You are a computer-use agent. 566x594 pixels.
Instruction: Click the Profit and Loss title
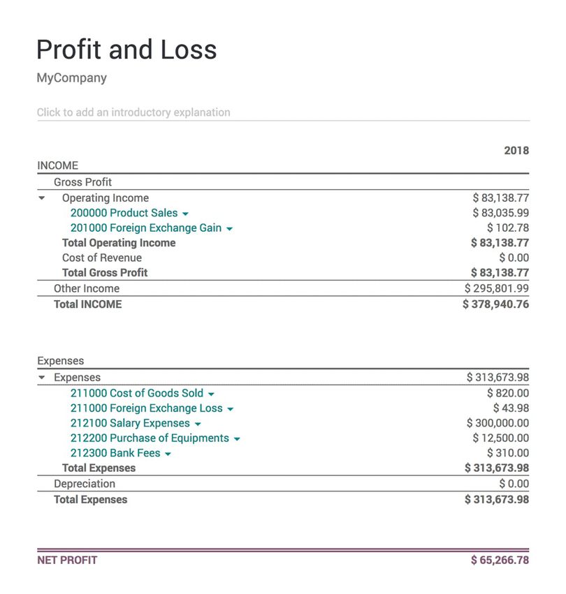point(126,50)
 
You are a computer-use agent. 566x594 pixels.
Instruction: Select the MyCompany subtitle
point(71,77)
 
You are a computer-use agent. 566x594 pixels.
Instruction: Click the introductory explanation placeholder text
point(133,112)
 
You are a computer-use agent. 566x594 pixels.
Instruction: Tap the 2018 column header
point(516,150)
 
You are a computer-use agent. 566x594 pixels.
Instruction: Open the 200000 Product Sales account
point(124,213)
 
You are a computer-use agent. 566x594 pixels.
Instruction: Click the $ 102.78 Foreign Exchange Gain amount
point(508,228)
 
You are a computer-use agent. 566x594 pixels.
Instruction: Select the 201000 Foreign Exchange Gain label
point(145,228)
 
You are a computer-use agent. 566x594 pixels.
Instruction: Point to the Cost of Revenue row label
point(101,258)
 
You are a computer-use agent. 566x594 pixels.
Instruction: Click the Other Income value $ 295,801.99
point(497,288)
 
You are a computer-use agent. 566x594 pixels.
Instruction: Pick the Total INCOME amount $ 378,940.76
point(495,304)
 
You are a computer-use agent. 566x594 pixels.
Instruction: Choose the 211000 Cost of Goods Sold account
point(137,393)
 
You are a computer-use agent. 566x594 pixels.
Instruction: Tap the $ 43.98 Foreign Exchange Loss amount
point(511,408)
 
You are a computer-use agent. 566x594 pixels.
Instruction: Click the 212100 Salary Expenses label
point(130,423)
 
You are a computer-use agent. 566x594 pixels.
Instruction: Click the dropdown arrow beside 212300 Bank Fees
point(168,454)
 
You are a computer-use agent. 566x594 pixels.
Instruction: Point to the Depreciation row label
point(85,483)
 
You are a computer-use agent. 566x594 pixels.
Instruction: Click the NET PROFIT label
point(67,560)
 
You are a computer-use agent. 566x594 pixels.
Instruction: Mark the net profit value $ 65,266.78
point(500,560)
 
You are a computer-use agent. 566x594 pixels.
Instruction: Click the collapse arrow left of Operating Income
point(42,198)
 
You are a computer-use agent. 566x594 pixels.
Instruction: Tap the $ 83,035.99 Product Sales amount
point(500,213)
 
